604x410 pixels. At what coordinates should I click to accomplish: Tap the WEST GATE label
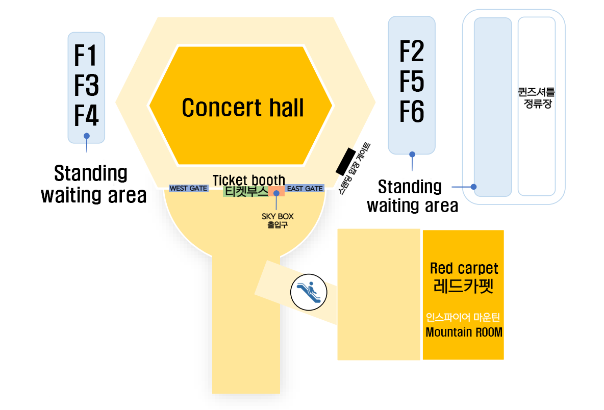(188, 189)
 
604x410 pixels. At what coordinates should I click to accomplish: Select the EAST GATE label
(305, 189)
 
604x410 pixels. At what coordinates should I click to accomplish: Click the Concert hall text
(243, 108)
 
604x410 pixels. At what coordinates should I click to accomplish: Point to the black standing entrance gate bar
(345, 161)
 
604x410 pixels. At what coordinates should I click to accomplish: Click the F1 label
(86, 56)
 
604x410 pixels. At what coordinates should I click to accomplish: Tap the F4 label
(86, 115)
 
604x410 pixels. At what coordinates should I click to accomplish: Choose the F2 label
(411, 51)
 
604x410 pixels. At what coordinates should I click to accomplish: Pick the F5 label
(411, 81)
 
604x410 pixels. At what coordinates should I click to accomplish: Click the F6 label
(411, 112)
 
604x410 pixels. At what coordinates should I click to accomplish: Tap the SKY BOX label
(278, 216)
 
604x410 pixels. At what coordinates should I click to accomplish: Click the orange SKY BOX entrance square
(276, 192)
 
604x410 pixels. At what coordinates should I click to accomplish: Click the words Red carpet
(464, 268)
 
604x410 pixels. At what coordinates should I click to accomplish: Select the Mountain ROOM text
(464, 332)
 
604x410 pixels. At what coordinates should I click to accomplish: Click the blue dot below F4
(87, 136)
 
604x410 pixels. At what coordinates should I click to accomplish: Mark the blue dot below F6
(412, 153)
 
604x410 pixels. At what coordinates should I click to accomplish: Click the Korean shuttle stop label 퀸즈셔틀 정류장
(535, 99)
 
